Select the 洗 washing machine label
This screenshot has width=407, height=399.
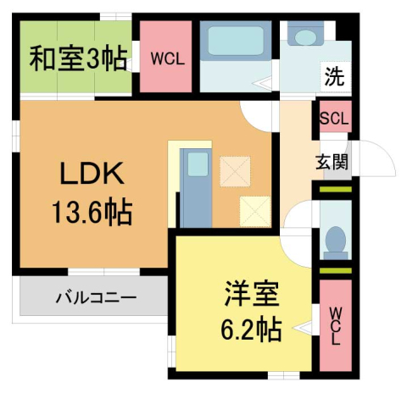tap(335, 76)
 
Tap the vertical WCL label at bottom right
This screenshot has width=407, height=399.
tap(336, 326)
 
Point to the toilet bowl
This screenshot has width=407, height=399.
tap(336, 240)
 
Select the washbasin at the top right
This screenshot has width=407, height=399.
tap(304, 35)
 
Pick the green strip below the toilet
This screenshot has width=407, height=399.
tap(336, 270)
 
